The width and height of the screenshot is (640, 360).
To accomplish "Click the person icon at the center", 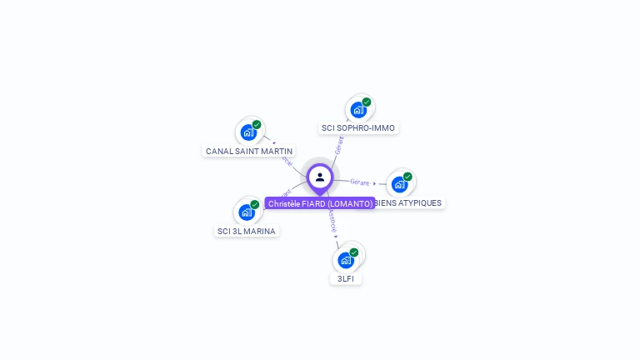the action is tap(320, 177).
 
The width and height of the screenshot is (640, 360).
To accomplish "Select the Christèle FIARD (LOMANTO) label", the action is tap(320, 203).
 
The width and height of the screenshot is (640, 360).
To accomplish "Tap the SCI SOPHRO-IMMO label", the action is tap(358, 128).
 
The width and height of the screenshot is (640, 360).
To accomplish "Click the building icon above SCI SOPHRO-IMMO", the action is tap(358, 110).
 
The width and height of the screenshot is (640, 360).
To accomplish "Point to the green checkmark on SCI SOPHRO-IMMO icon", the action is tap(367, 102).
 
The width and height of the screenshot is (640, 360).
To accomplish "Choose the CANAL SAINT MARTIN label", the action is tap(249, 151).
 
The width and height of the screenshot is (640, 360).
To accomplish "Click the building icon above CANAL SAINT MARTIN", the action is tap(248, 132).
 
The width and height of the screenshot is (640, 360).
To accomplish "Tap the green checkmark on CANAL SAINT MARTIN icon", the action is tap(257, 124).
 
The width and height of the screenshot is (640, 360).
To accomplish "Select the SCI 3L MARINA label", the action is tap(246, 231).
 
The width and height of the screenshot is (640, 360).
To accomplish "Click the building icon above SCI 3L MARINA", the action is tap(247, 212).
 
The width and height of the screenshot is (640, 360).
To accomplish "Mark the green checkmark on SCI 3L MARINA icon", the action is tap(255, 204).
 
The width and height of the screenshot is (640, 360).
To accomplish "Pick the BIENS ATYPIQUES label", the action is tap(408, 202).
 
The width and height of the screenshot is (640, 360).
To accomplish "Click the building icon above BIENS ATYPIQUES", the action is tap(399, 184).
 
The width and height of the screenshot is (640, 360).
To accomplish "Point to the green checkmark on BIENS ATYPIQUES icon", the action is tap(407, 177).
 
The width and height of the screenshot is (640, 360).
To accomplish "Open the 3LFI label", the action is tap(346, 278).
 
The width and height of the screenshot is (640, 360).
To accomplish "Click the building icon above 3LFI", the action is tap(346, 260).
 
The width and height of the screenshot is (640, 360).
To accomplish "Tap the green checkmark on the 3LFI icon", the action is tap(354, 252).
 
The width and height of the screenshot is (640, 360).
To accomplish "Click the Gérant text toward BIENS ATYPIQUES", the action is tap(360, 182).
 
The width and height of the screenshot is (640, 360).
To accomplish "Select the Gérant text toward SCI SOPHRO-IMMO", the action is tap(338, 147).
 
